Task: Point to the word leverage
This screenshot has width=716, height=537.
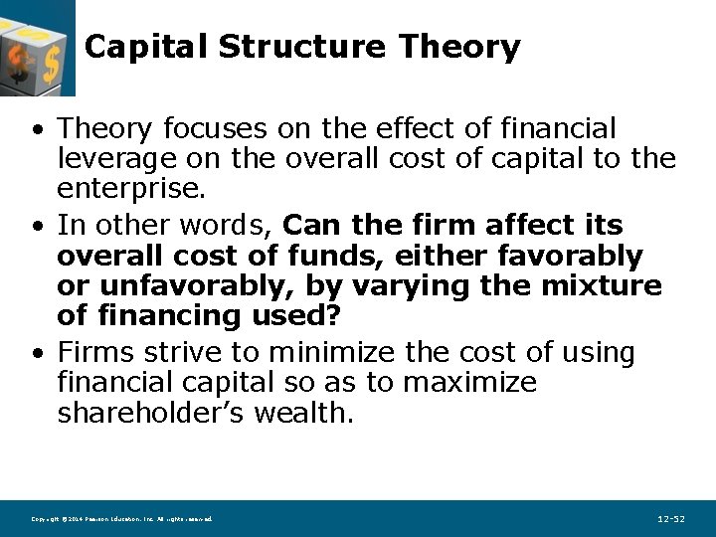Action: tap(113, 158)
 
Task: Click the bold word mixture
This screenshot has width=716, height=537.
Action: tap(602, 286)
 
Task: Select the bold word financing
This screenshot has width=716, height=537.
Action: tap(174, 316)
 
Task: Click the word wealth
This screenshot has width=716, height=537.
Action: tap(303, 413)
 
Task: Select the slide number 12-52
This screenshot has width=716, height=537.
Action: tap(671, 519)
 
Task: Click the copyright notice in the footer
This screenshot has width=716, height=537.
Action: tap(121, 519)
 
